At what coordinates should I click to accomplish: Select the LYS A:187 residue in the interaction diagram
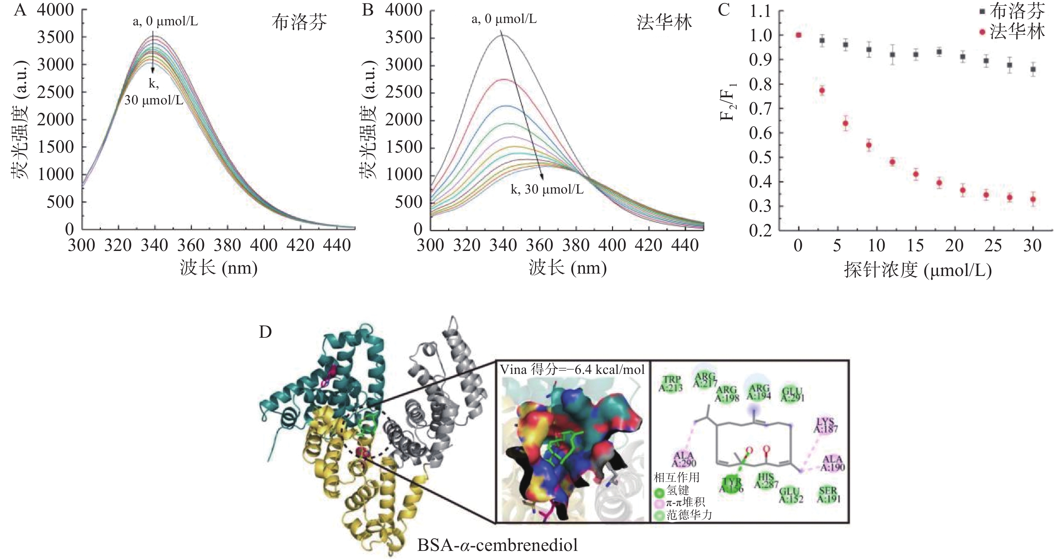[x=825, y=425]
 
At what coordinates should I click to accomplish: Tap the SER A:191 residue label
[x=828, y=494]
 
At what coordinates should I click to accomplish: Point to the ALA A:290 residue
[x=684, y=459]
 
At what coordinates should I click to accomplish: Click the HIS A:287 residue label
[x=766, y=481]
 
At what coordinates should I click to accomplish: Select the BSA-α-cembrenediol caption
[x=497, y=545]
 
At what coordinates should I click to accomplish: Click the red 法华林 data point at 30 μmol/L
[x=1033, y=200]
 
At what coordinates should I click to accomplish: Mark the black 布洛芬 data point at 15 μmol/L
[x=916, y=54]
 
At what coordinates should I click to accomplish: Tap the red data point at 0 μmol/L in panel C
[x=799, y=35]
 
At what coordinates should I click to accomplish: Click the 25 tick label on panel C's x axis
[x=993, y=246]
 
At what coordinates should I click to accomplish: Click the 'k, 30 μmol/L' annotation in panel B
[x=547, y=189]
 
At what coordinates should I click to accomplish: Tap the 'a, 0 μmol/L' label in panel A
[x=165, y=22]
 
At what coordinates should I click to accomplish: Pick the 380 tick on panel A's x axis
[x=228, y=246]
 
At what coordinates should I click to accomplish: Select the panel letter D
[x=265, y=332]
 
